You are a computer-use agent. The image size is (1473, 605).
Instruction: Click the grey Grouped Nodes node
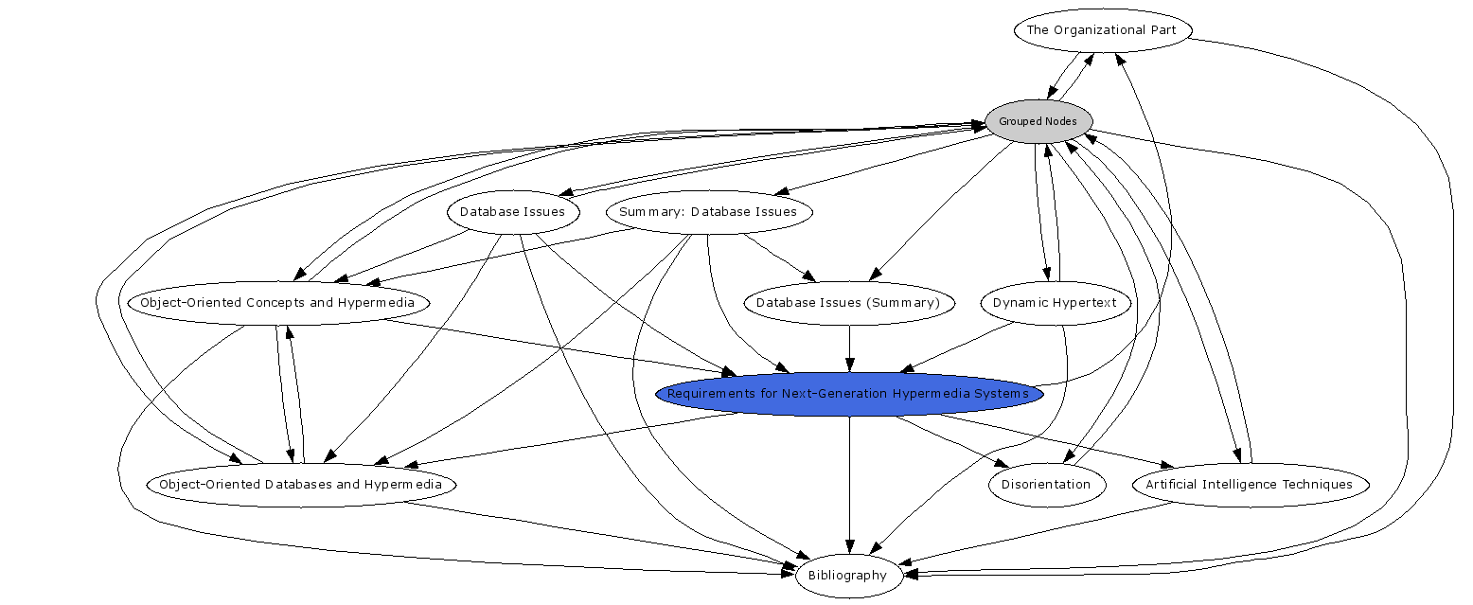pos(1038,121)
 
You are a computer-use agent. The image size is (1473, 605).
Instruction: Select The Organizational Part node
pos(1101,30)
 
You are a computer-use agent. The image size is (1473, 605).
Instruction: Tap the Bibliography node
pos(847,576)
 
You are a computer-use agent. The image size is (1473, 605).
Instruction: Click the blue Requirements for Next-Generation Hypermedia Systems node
pos(848,394)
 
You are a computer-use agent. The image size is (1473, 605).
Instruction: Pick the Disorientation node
pos(1046,485)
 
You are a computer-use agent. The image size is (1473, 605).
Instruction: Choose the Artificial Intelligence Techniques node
pos(1250,485)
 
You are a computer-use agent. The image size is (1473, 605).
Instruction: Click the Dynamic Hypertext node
pos(1055,303)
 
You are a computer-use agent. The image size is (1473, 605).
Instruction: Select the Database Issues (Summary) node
pos(848,303)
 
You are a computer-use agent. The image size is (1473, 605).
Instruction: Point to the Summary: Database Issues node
pos(708,212)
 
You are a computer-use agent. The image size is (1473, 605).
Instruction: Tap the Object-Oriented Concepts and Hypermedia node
pos(277,303)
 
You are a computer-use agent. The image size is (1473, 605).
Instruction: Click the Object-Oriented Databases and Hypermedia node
pos(300,485)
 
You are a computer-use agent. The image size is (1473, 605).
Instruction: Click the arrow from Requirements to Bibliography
pos(849,483)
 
